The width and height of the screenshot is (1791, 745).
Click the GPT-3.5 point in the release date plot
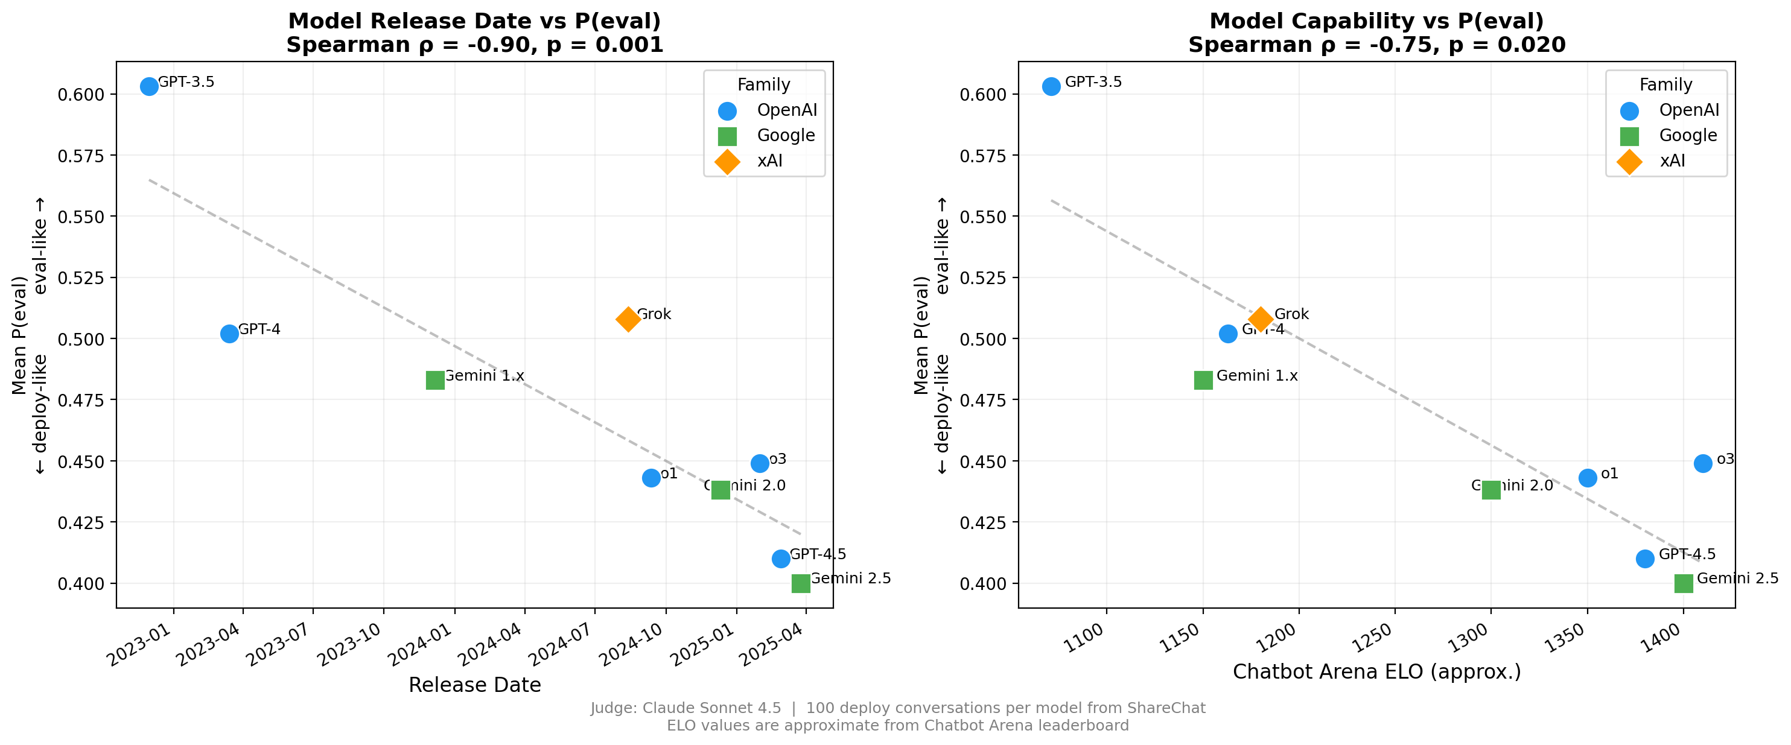pos(149,86)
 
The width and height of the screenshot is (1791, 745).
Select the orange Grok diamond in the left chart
pos(628,319)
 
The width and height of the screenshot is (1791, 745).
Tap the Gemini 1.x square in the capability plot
pos(1203,380)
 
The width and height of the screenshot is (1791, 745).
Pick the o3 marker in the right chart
pos(1703,463)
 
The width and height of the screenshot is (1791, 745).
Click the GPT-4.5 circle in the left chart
pos(781,558)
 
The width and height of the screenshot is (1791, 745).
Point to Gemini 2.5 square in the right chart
pos(1683,583)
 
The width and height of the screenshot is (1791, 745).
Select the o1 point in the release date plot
pos(651,477)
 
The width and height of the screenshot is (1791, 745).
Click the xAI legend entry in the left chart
pos(769,161)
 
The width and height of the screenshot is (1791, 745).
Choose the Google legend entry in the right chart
pos(1687,136)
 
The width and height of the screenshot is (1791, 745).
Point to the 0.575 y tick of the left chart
pos(81,156)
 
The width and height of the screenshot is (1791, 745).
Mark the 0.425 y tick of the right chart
pos(983,522)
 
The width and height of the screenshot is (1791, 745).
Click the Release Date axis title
pos(474,685)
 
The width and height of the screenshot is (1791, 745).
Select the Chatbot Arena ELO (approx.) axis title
pos(1376,672)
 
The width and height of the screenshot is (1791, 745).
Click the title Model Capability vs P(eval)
pos(1376,21)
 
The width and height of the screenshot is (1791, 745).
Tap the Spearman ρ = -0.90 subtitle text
pos(474,45)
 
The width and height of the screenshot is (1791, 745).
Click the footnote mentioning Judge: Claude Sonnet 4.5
pos(897,708)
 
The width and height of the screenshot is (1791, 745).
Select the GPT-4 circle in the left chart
pos(229,334)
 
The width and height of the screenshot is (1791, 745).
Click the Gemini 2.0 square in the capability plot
pos(1490,490)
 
